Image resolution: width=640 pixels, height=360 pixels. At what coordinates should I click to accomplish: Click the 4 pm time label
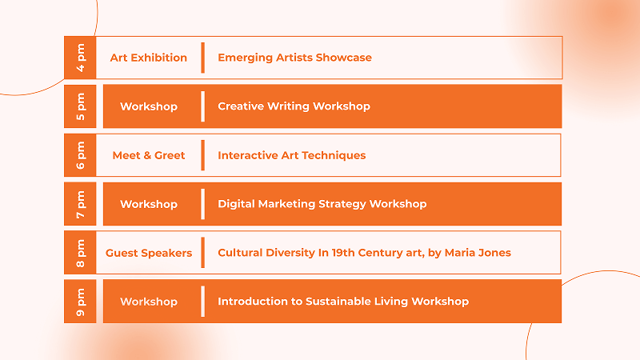(81, 58)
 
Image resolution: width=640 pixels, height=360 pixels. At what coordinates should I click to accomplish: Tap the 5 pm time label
(81, 106)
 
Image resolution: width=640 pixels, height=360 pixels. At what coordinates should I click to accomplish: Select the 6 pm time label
(81, 155)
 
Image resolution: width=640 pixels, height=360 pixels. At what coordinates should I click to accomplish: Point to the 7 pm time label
(81, 204)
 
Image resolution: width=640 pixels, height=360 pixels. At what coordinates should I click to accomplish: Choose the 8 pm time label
(81, 253)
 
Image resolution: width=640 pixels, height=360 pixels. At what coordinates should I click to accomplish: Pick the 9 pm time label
(81, 302)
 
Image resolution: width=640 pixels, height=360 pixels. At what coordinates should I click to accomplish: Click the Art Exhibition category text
(149, 58)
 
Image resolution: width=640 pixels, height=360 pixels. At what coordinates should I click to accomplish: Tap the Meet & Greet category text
(149, 155)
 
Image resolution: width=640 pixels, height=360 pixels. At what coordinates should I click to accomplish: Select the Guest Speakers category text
(149, 253)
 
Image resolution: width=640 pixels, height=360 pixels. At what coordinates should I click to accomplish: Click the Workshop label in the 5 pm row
(149, 106)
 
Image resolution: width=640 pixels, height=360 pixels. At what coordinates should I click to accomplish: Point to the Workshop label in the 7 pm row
(149, 204)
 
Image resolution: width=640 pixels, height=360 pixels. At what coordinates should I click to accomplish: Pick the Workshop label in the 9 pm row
(149, 302)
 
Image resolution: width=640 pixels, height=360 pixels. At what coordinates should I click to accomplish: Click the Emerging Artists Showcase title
(294, 58)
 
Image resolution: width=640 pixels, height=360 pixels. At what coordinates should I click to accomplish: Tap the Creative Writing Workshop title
(294, 106)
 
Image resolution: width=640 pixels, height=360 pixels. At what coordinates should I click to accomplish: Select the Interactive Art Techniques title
(291, 155)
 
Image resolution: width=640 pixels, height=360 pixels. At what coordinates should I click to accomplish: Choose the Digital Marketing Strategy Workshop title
(322, 204)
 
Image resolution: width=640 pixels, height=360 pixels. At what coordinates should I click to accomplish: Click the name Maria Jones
(478, 253)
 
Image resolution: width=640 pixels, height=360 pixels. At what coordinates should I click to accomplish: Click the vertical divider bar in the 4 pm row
(203, 58)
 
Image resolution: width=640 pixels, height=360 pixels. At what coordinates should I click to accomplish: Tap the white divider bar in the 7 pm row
(203, 204)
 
